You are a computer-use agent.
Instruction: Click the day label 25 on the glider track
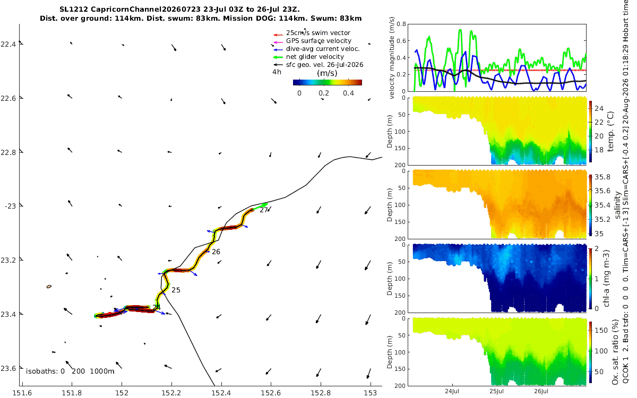(176, 290)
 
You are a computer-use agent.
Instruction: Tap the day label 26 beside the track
(216, 252)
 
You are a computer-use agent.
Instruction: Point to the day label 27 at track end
(264, 210)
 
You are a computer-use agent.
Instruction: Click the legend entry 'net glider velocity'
(315, 57)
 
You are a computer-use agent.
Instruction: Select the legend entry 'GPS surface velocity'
(318, 41)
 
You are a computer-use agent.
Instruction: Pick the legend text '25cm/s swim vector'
(318, 33)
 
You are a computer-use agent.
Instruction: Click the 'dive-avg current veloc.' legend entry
(323, 49)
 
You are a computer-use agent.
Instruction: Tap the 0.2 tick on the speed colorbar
(324, 93)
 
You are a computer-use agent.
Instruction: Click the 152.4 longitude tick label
(221, 393)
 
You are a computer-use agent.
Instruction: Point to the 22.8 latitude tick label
(8, 152)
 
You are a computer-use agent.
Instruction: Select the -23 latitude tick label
(10, 206)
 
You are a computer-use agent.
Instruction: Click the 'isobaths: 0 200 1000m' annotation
(70, 371)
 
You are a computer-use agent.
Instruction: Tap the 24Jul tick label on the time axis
(452, 391)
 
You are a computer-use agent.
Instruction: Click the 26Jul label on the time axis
(541, 391)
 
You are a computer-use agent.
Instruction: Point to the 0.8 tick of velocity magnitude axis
(401, 24)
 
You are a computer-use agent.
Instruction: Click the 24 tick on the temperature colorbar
(599, 108)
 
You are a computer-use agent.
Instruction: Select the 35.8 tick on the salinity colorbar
(602, 177)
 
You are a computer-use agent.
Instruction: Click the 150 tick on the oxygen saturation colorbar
(601, 330)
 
